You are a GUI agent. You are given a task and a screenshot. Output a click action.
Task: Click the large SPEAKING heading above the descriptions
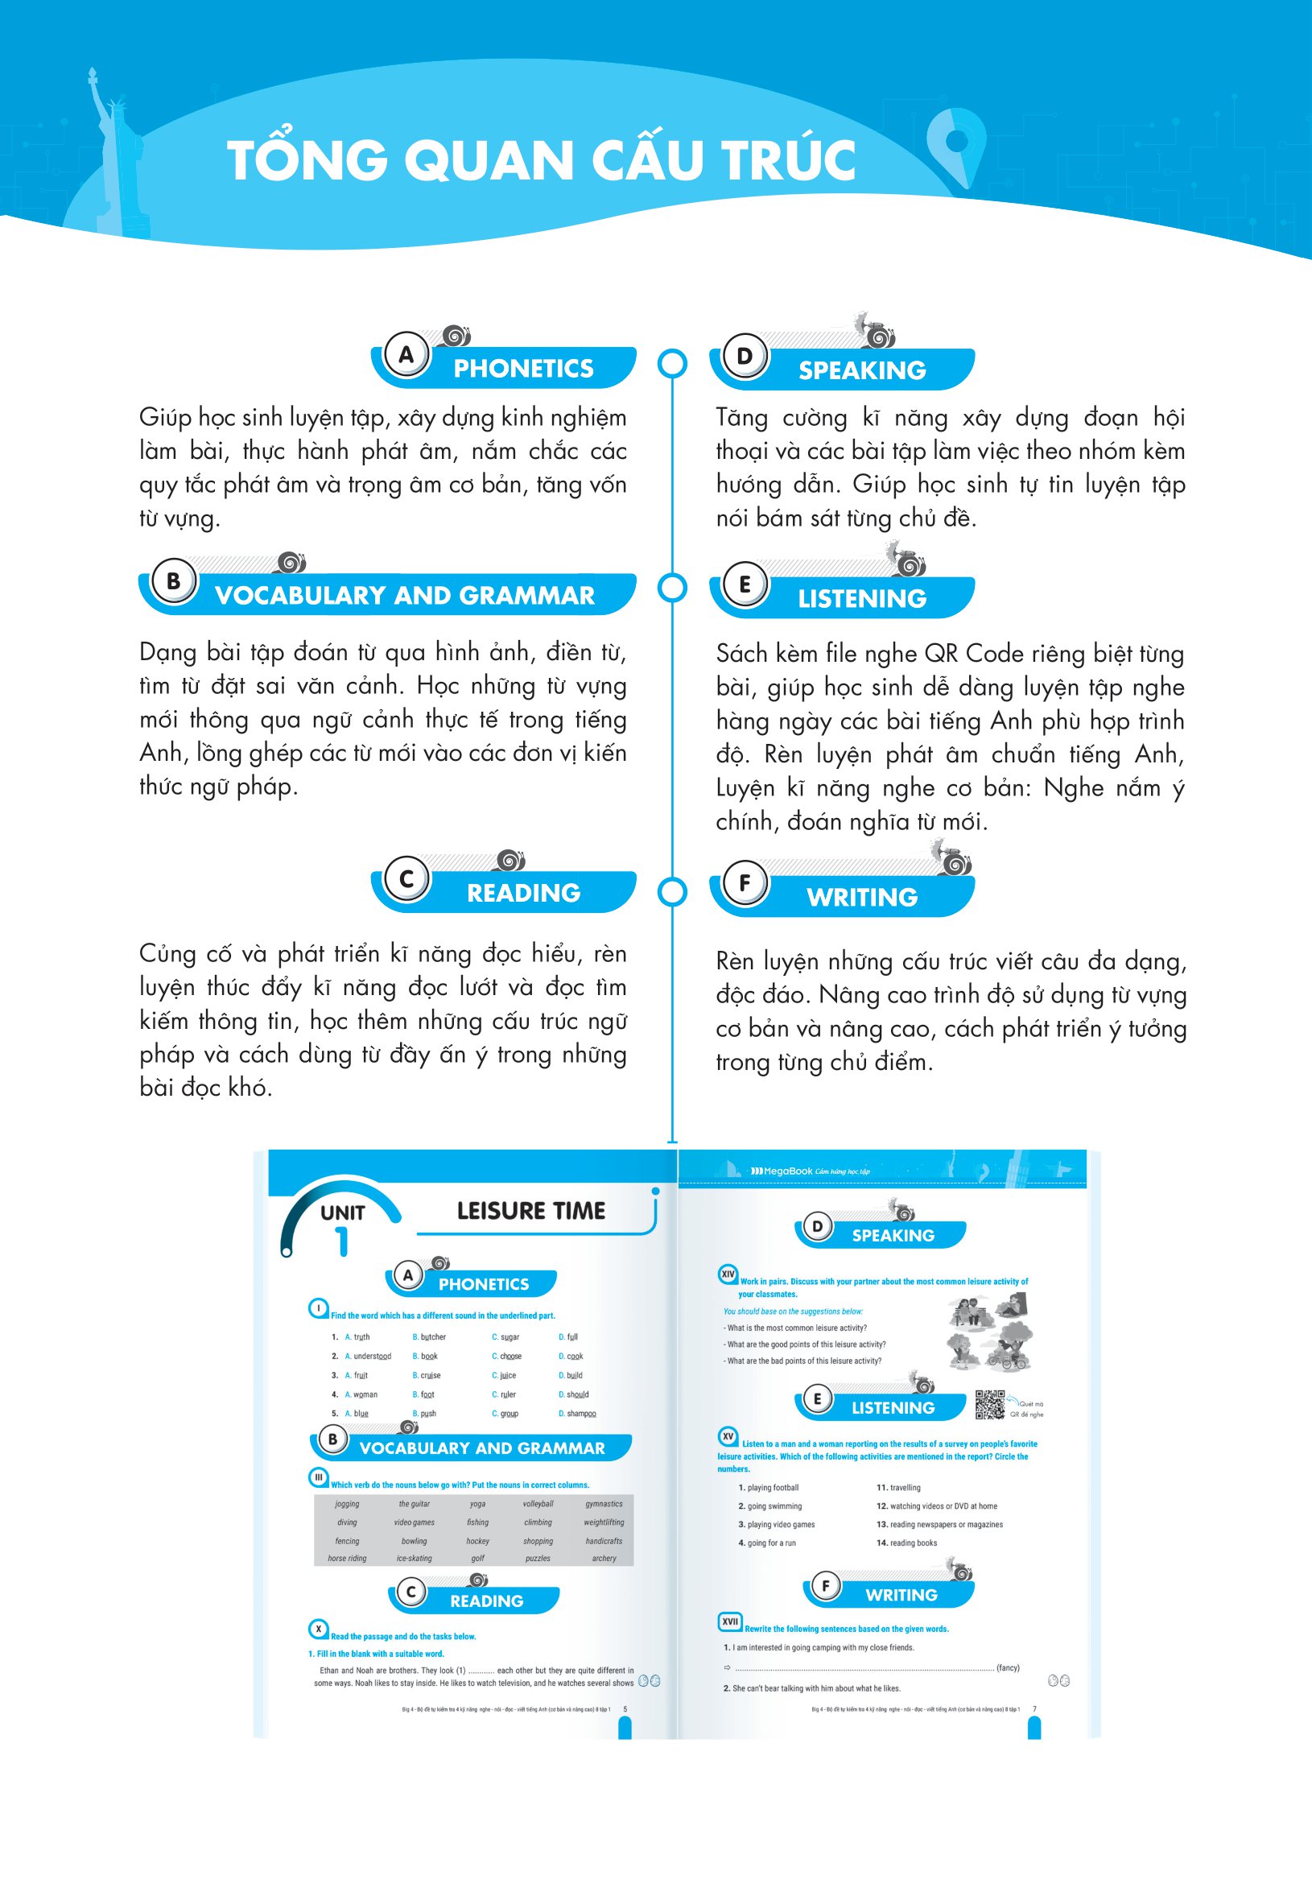[x=861, y=371]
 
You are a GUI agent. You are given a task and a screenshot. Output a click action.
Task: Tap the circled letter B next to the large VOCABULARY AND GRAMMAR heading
[x=173, y=581]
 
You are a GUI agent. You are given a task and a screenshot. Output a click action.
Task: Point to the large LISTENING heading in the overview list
[x=861, y=598]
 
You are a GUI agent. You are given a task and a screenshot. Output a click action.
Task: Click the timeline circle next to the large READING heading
[x=672, y=892]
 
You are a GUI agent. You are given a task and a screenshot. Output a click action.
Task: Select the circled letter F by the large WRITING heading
[x=745, y=883]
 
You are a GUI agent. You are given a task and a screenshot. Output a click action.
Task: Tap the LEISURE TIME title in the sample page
[x=531, y=1210]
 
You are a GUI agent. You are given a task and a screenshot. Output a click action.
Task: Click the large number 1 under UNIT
[x=342, y=1241]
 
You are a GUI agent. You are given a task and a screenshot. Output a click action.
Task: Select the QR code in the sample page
[x=990, y=1404]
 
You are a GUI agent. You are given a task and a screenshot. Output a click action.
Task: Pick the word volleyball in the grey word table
[x=538, y=1504]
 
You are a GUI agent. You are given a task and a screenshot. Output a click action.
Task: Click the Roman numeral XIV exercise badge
[x=728, y=1274]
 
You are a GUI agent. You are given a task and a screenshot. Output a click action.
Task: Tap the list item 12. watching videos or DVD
[x=937, y=1506]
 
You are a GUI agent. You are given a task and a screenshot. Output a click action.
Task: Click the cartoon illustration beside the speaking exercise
[x=989, y=1331]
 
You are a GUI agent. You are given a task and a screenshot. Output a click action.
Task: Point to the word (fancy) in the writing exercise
[x=1007, y=1667]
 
